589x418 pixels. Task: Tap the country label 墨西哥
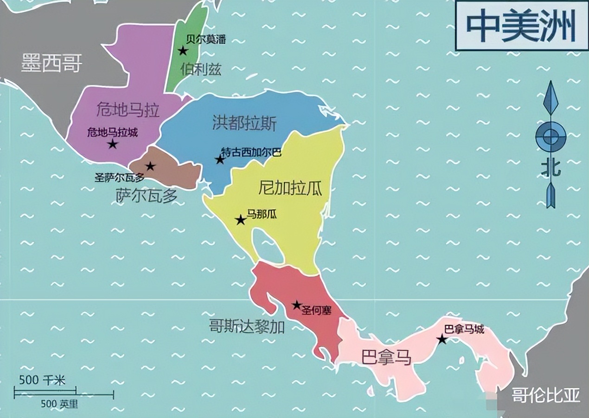point(51,63)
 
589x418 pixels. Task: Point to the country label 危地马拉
point(128,110)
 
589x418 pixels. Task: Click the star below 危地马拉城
point(112,144)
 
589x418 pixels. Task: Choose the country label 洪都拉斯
point(244,123)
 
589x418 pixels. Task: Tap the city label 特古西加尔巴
point(251,152)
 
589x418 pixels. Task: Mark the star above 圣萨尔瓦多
point(150,166)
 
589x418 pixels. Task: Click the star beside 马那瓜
point(240,220)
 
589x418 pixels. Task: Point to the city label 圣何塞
point(316,311)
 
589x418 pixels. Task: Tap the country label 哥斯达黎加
point(246,327)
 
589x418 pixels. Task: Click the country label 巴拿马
point(386,357)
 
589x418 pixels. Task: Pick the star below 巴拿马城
point(442,340)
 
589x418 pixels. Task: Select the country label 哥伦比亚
point(545,396)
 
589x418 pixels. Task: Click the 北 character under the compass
point(551,168)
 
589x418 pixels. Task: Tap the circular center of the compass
point(551,137)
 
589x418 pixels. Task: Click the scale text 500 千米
point(42,380)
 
